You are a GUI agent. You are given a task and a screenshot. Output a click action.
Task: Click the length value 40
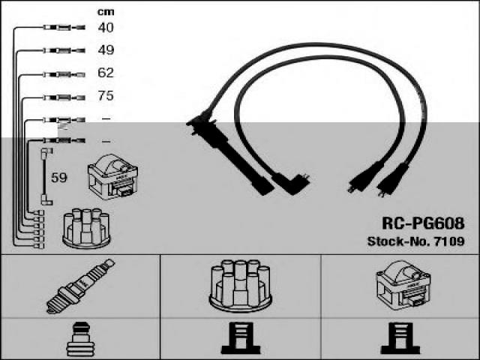click(x=106, y=28)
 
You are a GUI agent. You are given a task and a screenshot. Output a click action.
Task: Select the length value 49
click(x=106, y=50)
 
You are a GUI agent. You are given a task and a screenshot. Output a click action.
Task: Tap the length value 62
click(x=106, y=73)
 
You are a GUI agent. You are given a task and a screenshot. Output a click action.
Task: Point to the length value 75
click(x=106, y=96)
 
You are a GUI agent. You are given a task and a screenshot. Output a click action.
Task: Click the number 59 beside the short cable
click(x=59, y=178)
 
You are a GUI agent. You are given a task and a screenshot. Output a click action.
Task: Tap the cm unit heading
click(x=106, y=11)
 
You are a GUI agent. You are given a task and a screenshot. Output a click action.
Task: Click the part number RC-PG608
click(x=423, y=224)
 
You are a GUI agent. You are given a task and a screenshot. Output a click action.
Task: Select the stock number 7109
click(x=448, y=241)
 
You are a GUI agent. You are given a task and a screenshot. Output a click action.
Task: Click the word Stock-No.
click(x=397, y=241)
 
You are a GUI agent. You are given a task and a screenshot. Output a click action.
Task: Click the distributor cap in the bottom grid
click(x=241, y=284)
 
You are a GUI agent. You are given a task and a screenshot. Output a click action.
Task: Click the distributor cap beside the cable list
click(x=86, y=227)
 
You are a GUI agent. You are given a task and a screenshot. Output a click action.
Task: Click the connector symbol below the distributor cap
click(x=240, y=340)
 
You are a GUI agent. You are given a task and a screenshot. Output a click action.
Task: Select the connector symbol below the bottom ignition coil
click(x=400, y=340)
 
